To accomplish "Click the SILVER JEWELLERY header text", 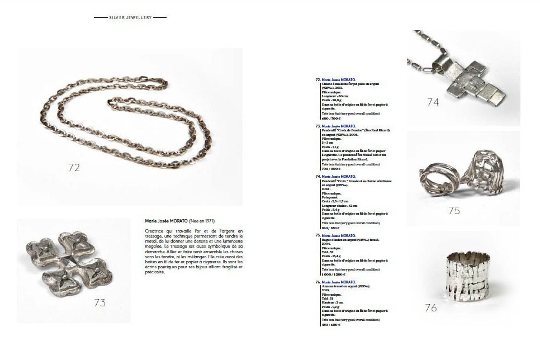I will click(x=130, y=17).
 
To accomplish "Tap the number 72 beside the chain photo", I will click(x=74, y=167).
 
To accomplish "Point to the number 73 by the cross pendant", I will click(x=100, y=303).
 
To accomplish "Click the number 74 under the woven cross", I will click(x=433, y=102).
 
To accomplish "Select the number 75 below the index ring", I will click(x=454, y=210).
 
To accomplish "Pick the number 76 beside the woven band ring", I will click(x=430, y=307).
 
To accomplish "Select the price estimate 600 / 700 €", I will click(x=331, y=119).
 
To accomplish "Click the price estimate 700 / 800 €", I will click(x=331, y=169).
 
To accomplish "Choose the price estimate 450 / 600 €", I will click(x=331, y=325).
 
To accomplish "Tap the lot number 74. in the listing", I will click(x=319, y=176).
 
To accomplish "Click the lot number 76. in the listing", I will click(x=319, y=282).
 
